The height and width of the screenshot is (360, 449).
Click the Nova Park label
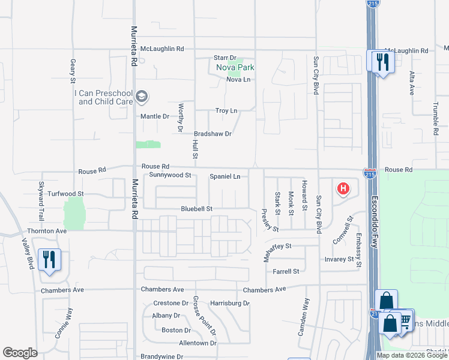(x=235, y=68)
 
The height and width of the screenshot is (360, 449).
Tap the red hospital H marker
(x=343, y=189)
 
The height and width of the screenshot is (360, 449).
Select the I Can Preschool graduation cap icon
(x=142, y=97)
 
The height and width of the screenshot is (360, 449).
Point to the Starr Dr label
(x=225, y=58)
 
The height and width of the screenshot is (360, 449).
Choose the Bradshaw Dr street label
(x=212, y=134)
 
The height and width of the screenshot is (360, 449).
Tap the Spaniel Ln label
(x=224, y=176)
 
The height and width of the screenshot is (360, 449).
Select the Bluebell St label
(x=197, y=209)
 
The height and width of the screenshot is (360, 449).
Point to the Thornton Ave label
(x=47, y=230)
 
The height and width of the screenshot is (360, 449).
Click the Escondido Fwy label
(x=374, y=221)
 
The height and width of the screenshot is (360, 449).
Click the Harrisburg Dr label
(x=229, y=304)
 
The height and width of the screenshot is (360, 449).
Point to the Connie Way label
(x=63, y=323)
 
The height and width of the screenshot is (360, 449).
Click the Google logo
(x=20, y=353)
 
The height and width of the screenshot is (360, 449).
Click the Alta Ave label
(x=412, y=83)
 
